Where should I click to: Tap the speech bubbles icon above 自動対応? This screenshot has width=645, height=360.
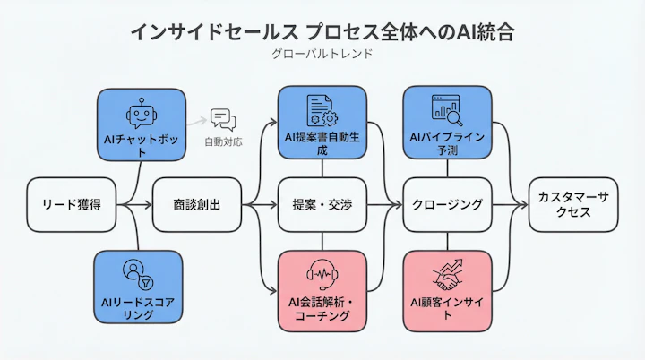[x=221, y=119]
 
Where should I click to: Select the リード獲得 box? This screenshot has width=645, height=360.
[x=72, y=205]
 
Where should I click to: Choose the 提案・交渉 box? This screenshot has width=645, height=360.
[x=322, y=205]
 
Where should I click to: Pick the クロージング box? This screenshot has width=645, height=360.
[x=446, y=205]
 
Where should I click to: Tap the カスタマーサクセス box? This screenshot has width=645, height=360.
[x=572, y=205]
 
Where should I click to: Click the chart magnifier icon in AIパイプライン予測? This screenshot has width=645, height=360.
[x=446, y=109]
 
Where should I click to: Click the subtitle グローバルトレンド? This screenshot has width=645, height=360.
[x=322, y=54]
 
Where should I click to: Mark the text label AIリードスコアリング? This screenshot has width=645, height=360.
[x=138, y=308]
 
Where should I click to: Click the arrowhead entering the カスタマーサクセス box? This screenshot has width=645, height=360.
[x=523, y=205]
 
